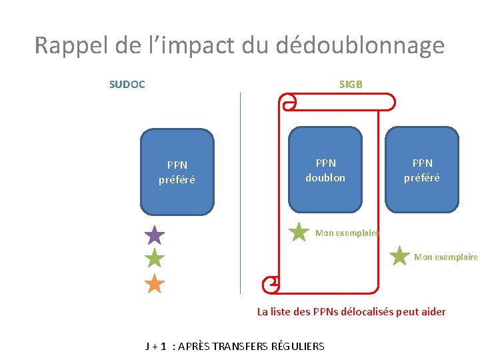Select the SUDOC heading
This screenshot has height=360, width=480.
[x=127, y=85]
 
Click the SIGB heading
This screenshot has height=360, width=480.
[x=351, y=85]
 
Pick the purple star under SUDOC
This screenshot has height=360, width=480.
[x=155, y=235]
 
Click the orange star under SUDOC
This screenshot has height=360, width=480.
[x=155, y=284]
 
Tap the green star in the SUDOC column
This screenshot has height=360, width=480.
[x=155, y=259]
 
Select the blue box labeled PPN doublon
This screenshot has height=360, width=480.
[x=325, y=170]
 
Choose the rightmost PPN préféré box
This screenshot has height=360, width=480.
[x=422, y=170]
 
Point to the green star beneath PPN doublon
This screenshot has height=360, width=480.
[x=299, y=232]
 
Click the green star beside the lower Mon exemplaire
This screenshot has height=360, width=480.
[x=399, y=256]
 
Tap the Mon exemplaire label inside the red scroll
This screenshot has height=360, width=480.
[x=347, y=233]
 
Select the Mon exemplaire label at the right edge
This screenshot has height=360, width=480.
[x=446, y=257]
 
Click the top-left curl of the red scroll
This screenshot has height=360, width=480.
[x=289, y=102]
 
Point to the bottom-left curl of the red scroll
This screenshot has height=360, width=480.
[x=271, y=283]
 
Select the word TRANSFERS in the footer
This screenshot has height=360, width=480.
[x=254, y=346]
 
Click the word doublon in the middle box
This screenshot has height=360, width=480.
[x=325, y=178]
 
